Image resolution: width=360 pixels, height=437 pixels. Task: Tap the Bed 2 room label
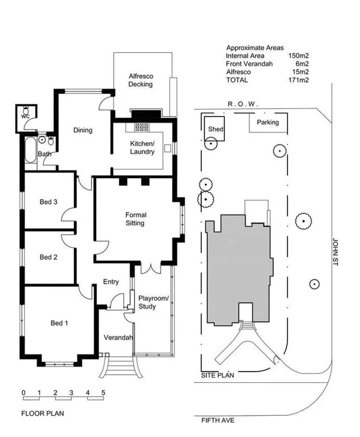point(48,257)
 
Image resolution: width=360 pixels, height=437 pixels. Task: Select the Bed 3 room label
point(48,202)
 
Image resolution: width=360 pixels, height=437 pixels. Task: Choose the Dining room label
point(83,130)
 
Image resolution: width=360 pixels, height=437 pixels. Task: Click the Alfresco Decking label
point(140,80)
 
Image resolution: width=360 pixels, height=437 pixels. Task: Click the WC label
point(25,117)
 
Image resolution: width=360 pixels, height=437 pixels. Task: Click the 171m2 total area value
point(299,79)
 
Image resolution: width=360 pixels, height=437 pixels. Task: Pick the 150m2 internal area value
point(299,55)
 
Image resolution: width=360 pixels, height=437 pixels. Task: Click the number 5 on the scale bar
point(103,392)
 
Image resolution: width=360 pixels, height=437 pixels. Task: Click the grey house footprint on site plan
point(236,265)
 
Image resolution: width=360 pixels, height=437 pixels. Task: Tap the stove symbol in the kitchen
point(142,127)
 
